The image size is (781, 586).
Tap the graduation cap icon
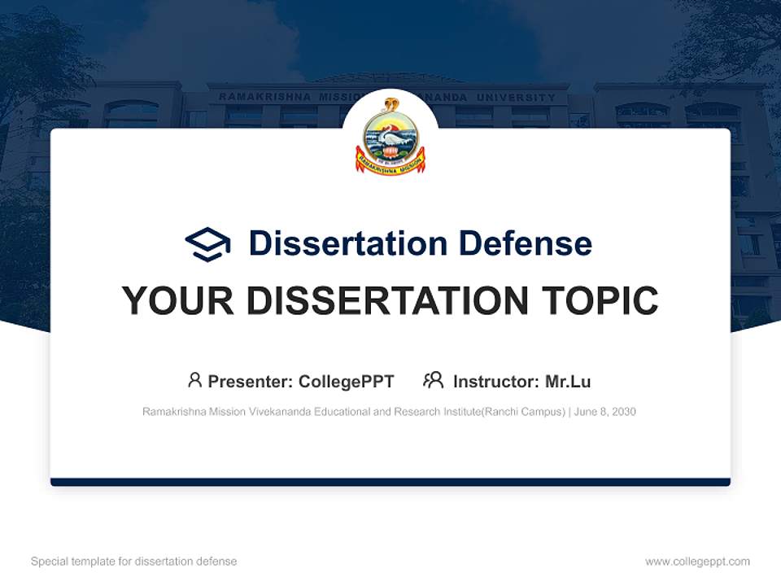[207, 244]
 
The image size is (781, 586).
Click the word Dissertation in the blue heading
[348, 243]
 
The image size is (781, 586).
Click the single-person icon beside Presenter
[194, 380]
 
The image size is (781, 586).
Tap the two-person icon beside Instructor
[434, 380]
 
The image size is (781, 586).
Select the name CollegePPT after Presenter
[346, 382]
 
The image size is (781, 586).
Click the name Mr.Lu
[568, 382]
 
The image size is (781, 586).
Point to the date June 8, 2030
[604, 412]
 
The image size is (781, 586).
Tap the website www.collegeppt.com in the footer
[697, 562]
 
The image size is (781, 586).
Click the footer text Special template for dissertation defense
[134, 562]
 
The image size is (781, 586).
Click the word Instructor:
[495, 382]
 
